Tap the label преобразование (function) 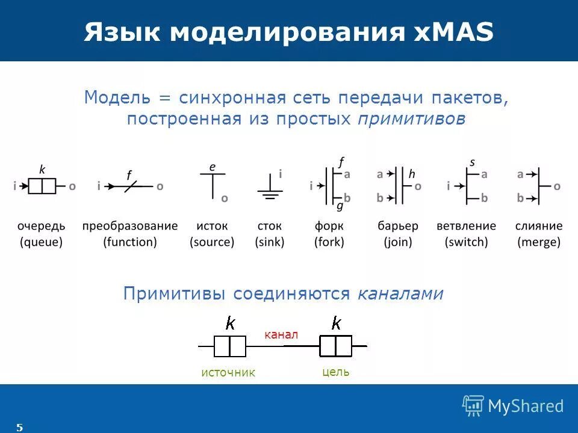coord(130,234)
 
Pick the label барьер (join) coord(397,234)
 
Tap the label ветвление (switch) coord(467,234)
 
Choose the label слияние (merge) coord(539,234)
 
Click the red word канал coord(281,334)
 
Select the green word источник coord(228,373)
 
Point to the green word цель coord(336,372)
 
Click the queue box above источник coord(229,346)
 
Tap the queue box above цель coord(335,346)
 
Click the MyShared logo coord(513,406)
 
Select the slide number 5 coord(19,428)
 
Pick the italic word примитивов coord(411,119)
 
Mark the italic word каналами coord(400,293)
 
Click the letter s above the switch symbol coord(472,162)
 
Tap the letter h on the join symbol coord(412,174)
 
